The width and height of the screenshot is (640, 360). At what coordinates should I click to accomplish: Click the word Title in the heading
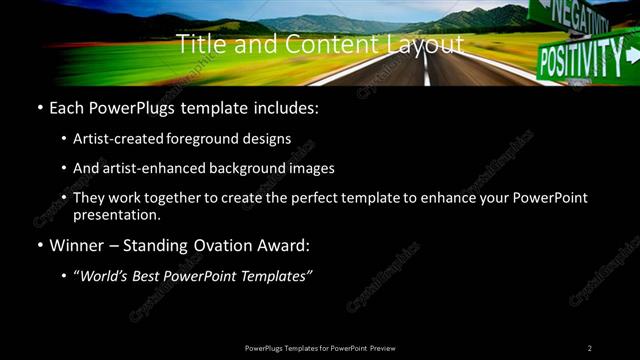pyautogui.click(x=200, y=44)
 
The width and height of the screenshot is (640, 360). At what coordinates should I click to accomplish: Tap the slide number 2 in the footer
pyautogui.click(x=589, y=347)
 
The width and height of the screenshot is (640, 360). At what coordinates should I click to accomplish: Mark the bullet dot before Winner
pyautogui.click(x=38, y=245)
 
